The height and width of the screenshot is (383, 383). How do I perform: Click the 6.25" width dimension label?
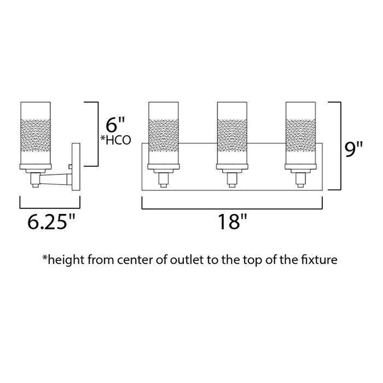(51, 222)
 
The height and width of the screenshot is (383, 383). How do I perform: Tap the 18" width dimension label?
(233, 222)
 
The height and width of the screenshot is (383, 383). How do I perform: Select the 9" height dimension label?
(353, 149)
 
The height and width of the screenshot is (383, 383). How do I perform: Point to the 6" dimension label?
(115, 125)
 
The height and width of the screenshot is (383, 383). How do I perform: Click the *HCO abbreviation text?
(116, 140)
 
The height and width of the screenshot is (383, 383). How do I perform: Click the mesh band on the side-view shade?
(36, 135)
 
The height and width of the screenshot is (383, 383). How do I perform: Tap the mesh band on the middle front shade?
(232, 135)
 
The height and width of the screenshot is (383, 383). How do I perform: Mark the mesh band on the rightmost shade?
(300, 135)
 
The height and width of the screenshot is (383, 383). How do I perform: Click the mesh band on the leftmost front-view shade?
(164, 135)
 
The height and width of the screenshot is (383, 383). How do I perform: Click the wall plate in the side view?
(76, 167)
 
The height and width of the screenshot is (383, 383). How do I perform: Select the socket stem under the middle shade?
(232, 180)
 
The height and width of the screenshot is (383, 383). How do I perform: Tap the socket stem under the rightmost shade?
(300, 180)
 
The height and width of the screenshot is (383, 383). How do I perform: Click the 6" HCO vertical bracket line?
(98, 134)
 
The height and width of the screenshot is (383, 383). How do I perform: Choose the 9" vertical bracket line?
(341, 146)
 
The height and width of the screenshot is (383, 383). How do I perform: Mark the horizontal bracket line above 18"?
(232, 209)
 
